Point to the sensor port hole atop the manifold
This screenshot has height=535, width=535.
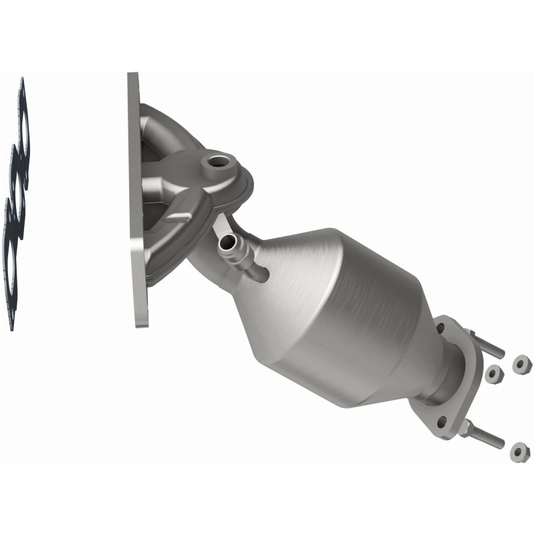tap(217, 161)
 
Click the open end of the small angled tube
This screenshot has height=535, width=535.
tap(227, 243)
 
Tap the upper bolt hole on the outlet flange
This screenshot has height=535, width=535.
tap(441, 329)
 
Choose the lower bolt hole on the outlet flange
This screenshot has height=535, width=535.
tap(441, 422)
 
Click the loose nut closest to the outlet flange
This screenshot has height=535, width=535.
tap(494, 374)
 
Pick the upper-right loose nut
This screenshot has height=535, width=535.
tap(521, 365)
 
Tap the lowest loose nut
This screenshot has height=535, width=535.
tap(519, 452)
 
